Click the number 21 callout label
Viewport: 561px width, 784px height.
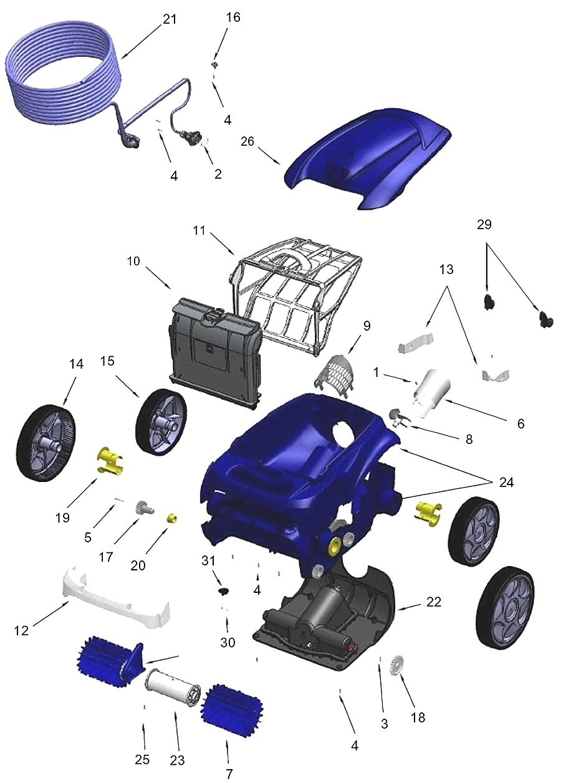pos(170,19)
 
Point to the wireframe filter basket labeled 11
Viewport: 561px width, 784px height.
pos(293,293)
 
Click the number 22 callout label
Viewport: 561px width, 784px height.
pos(434,602)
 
